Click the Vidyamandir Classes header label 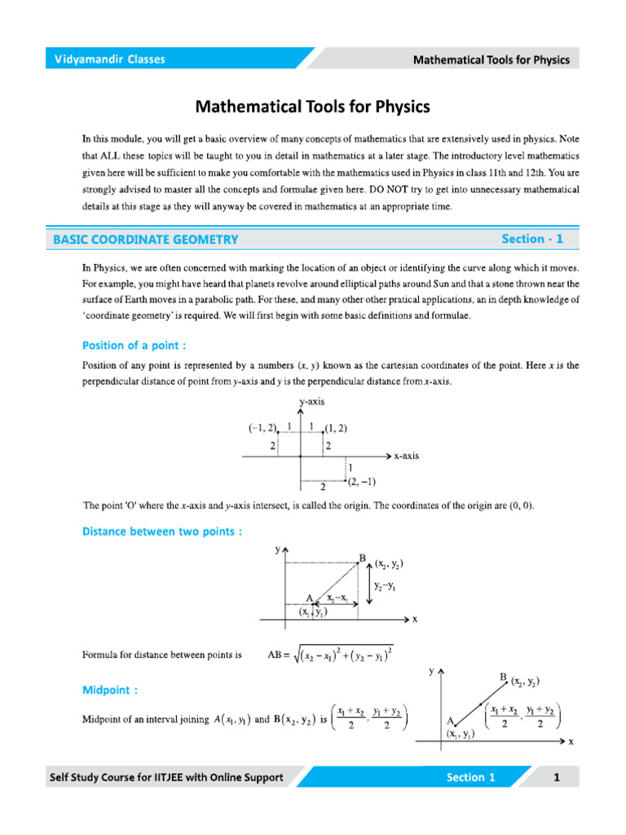click(109, 60)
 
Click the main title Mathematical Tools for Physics click(312, 107)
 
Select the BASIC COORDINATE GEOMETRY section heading click(146, 240)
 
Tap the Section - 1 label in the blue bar click(532, 239)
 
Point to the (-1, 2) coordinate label click(263, 428)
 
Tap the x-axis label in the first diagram click(406, 456)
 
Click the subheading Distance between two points click(162, 532)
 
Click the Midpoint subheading click(110, 690)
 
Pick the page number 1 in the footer click(557, 777)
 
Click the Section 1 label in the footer click(470, 777)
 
